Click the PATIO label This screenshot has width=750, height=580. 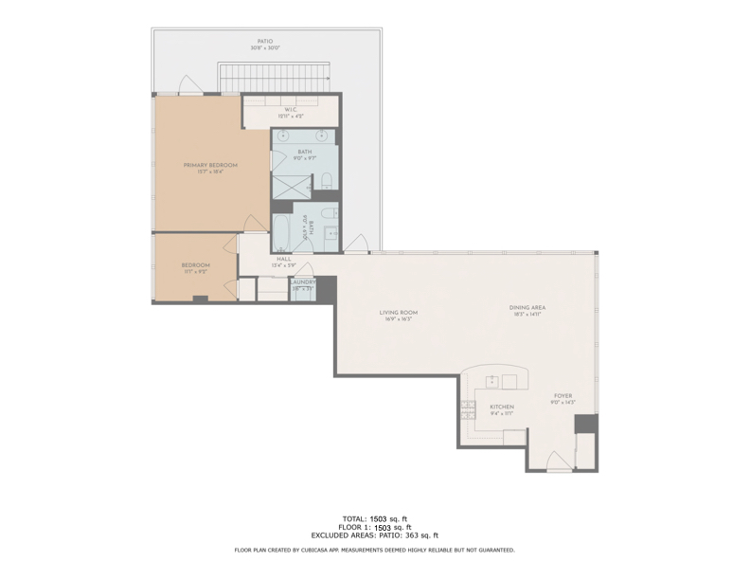click(x=266, y=42)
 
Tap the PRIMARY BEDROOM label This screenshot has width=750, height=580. click(x=210, y=165)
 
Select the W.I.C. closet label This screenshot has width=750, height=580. click(x=292, y=110)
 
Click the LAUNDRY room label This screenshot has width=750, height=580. click(x=303, y=281)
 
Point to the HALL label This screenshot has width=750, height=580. click(x=284, y=259)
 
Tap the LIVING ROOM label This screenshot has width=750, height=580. click(x=399, y=312)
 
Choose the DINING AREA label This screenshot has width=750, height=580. click(x=527, y=307)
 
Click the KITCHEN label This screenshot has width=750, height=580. click(x=501, y=408)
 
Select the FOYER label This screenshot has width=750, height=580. click(x=562, y=396)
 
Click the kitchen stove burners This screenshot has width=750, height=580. click(x=467, y=409)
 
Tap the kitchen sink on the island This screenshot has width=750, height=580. click(x=492, y=381)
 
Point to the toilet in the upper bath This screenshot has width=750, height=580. click(x=327, y=180)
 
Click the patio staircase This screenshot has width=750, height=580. click(x=274, y=77)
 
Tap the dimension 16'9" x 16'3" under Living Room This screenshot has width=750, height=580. click(x=399, y=319)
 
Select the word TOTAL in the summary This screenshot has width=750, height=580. click(x=354, y=518)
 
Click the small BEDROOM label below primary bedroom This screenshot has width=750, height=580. click(x=196, y=264)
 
